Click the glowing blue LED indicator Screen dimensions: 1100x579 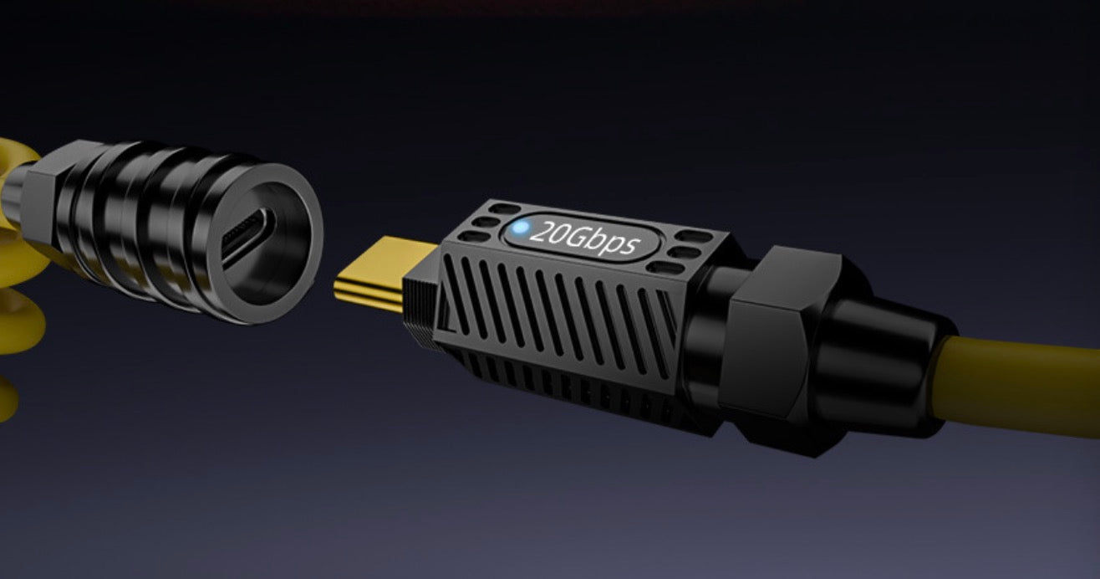click(521, 228)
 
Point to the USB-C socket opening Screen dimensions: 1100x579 click(249, 237)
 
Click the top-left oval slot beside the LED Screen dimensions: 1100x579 click(505, 208)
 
